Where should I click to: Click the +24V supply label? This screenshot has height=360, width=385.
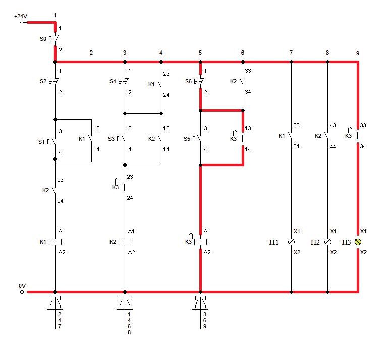click(x=21, y=16)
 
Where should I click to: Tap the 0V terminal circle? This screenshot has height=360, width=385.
click(x=22, y=292)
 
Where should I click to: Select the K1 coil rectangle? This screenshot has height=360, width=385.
click(x=55, y=242)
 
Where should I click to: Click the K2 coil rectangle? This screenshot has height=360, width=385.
click(x=125, y=242)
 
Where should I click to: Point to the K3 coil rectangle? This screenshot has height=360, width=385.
click(x=201, y=242)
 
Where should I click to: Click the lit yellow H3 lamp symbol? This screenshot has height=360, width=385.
click(x=358, y=242)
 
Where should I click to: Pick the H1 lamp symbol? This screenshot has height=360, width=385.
click(x=291, y=242)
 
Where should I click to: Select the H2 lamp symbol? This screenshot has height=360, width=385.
click(x=327, y=242)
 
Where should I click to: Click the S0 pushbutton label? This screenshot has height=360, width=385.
click(x=43, y=39)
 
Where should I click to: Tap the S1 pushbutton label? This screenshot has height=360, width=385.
click(x=41, y=142)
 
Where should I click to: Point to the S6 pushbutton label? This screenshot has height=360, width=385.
click(x=188, y=81)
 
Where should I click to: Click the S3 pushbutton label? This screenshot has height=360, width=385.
click(x=111, y=139)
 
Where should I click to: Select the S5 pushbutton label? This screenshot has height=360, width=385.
click(x=187, y=139)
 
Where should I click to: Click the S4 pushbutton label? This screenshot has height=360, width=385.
click(x=113, y=81)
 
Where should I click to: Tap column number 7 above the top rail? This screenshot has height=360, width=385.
click(x=291, y=53)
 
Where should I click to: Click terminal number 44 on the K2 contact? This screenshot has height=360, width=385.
click(x=333, y=147)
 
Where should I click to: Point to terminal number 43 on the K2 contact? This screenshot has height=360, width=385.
click(x=333, y=125)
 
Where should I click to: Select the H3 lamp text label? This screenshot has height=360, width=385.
click(x=347, y=242)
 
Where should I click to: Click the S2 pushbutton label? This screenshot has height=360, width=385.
click(x=43, y=81)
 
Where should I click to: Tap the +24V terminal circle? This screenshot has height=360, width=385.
click(x=22, y=23)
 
